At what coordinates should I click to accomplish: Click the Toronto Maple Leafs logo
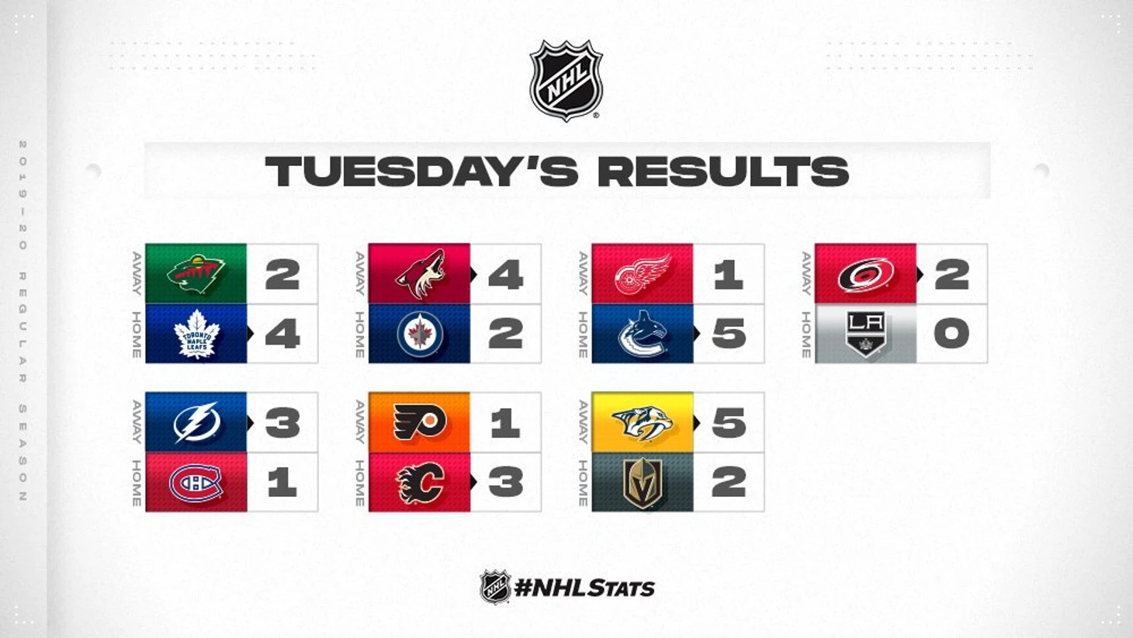[197, 334]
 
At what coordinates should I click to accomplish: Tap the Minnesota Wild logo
[196, 274]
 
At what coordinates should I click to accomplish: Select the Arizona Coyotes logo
[421, 274]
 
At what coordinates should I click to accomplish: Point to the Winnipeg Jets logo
[420, 334]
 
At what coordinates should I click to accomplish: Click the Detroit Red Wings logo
[643, 274]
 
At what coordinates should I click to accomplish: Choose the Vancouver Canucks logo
[643, 334]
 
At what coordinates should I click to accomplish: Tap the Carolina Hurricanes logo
[866, 275]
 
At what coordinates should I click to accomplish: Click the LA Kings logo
[865, 334]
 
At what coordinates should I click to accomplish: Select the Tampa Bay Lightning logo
[196, 422]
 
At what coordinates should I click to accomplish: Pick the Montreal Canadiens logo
[196, 483]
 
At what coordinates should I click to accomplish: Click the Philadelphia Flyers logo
[420, 422]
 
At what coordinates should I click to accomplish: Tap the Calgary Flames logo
[421, 483]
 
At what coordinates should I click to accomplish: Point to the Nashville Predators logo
[643, 423]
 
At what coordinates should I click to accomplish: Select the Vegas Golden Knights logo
[643, 483]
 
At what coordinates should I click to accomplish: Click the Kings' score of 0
[952, 334]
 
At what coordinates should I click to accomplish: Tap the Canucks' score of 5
[729, 334]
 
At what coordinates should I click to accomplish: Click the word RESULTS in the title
[723, 172]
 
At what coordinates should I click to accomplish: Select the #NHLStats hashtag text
[584, 588]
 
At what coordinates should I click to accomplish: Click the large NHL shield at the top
[566, 81]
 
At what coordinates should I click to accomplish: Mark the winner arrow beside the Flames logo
[474, 483]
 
